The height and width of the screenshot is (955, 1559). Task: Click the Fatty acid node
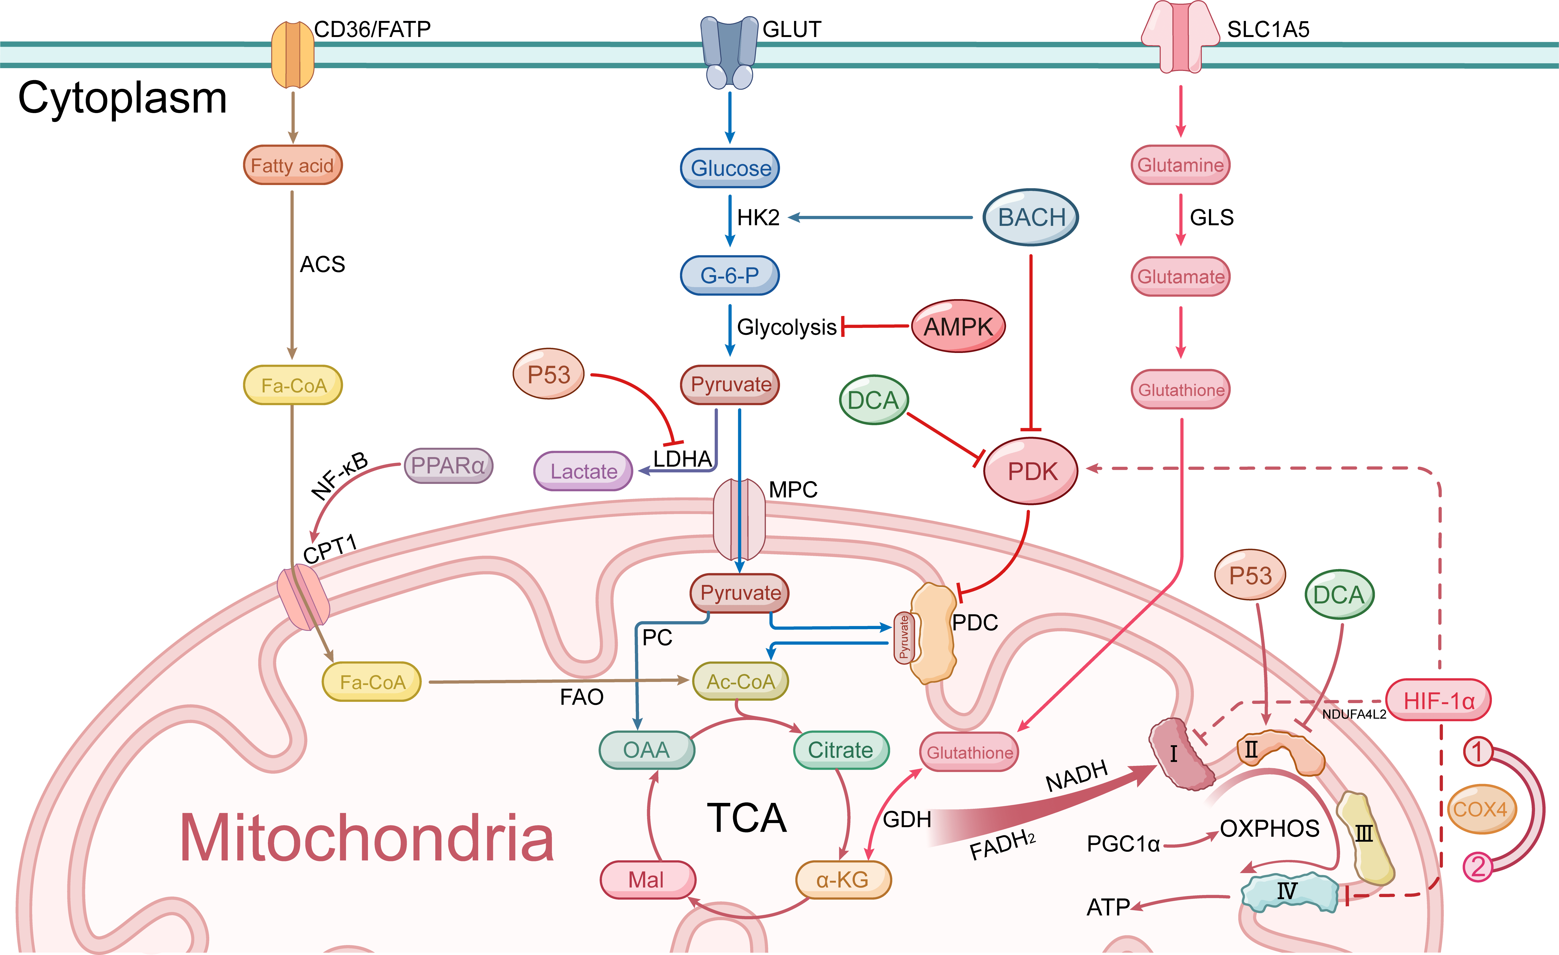[x=292, y=165]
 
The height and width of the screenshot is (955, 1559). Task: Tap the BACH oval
[x=1031, y=217]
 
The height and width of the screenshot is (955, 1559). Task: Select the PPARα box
[x=448, y=466]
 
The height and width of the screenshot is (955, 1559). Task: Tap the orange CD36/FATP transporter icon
[x=292, y=55]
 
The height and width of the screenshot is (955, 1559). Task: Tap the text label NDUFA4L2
[x=1354, y=715]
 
